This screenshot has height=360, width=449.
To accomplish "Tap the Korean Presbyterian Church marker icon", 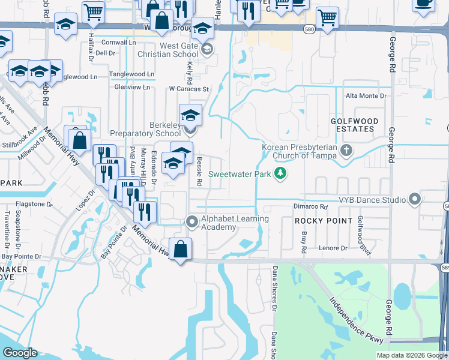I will tap(345, 149).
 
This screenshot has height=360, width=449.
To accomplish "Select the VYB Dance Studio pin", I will tap(414, 199).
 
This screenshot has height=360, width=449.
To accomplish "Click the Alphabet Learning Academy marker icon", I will tap(192, 222).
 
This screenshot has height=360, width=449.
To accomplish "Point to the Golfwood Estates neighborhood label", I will tap(355, 125).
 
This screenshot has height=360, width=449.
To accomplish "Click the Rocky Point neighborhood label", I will tap(324, 221).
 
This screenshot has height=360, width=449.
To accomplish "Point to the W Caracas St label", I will tap(188, 89).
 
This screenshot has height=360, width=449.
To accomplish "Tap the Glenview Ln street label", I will tap(132, 87).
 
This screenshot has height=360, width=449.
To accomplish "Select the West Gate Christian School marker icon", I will tap(207, 49).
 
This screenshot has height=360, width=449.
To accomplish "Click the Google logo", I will tap(20, 353).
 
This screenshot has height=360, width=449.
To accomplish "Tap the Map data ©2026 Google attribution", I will tap(411, 355).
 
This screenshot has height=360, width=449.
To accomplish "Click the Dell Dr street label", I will tap(105, 53).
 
